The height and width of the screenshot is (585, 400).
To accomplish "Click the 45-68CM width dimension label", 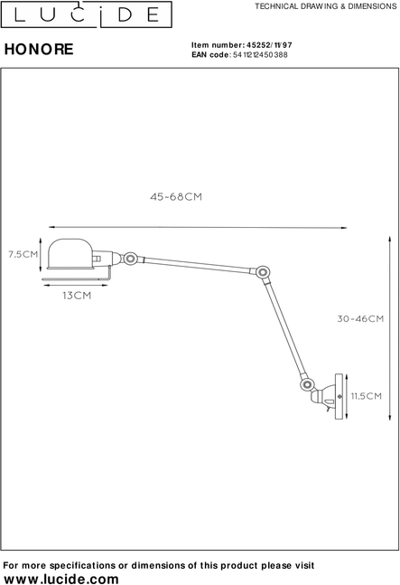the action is pyautogui.click(x=176, y=196).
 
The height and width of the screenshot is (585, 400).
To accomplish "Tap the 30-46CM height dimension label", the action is pyautogui.click(x=360, y=318).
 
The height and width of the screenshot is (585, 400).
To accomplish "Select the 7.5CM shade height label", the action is pyautogui.click(x=23, y=254).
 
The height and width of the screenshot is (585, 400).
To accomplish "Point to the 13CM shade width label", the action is pyautogui.click(x=77, y=296).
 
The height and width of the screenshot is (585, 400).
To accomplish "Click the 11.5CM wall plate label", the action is pyautogui.click(x=367, y=396).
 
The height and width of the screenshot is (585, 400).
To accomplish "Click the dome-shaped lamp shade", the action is pyautogui.click(x=70, y=254).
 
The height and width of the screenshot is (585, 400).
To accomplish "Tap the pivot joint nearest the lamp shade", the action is pyautogui.click(x=130, y=259).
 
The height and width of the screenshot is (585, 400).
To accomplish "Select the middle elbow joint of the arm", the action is pyautogui.click(x=263, y=272).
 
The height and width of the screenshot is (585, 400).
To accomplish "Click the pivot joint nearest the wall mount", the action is pyautogui.click(x=306, y=384).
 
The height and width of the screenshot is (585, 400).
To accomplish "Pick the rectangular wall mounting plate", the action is pyautogui.click(x=340, y=396).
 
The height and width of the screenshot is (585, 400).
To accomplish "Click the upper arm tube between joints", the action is pyautogui.click(x=197, y=265).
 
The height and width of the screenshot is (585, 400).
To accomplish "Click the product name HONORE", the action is pyautogui.click(x=39, y=49).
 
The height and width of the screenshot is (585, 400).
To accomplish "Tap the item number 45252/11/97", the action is pyautogui.click(x=269, y=45).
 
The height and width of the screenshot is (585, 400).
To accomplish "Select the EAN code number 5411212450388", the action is pyautogui.click(x=260, y=55).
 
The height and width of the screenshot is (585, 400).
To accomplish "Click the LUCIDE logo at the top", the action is pyautogui.click(x=87, y=14).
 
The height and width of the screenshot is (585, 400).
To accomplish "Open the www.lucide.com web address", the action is pyautogui.click(x=61, y=579).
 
